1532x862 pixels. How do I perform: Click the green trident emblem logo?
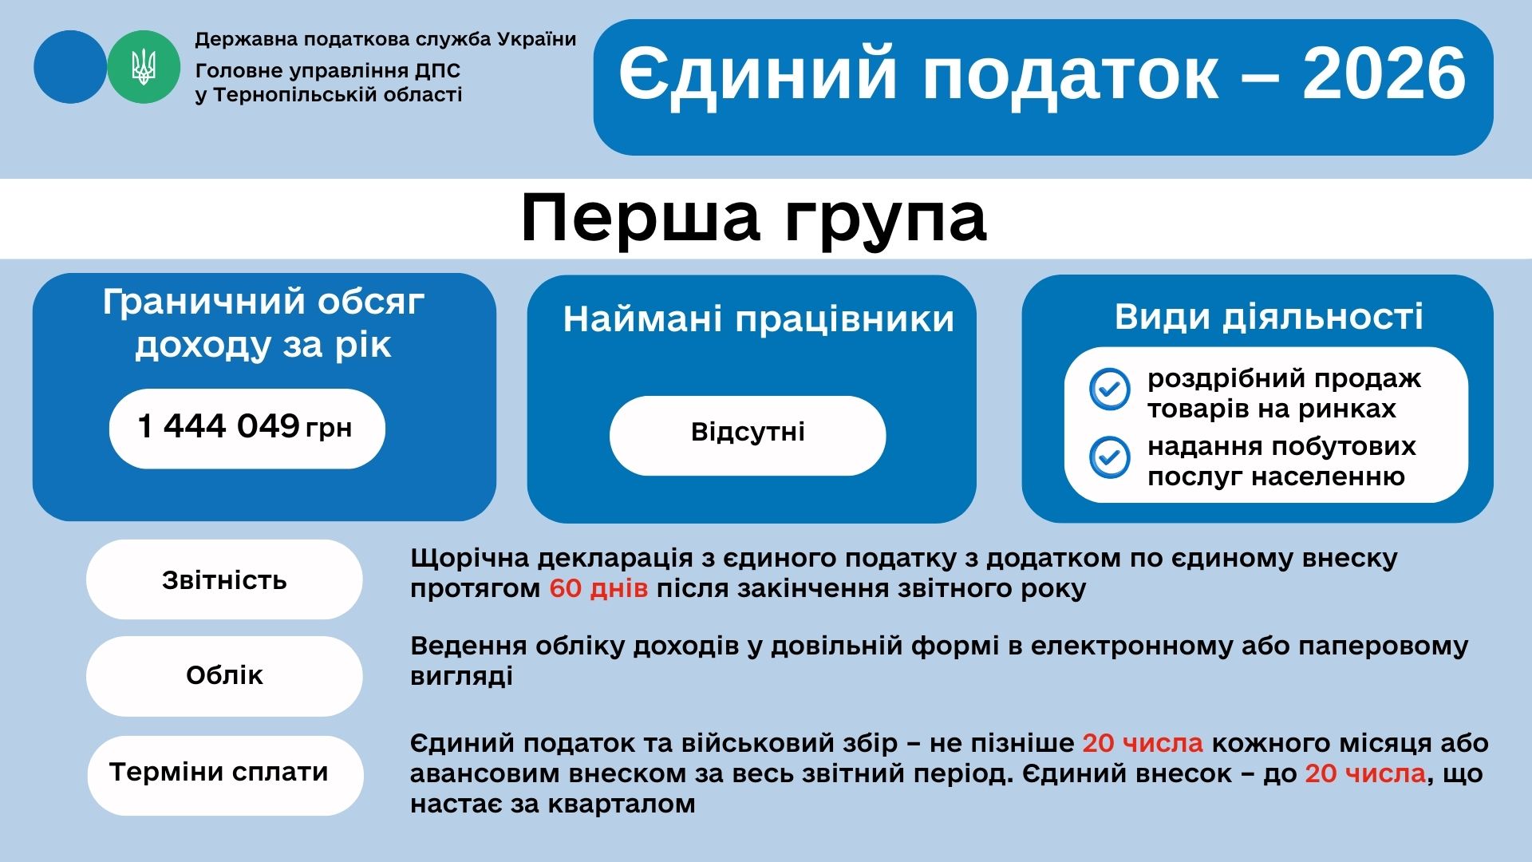(x=144, y=67)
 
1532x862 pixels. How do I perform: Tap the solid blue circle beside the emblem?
(x=70, y=67)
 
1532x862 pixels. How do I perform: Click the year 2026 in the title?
(x=1384, y=73)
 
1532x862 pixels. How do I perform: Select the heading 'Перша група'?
(x=754, y=218)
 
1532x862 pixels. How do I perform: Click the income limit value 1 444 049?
(x=219, y=426)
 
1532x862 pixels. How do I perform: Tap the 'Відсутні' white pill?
(x=748, y=436)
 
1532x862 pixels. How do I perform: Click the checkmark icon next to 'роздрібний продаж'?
(x=1110, y=389)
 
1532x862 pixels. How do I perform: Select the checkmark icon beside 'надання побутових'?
(x=1110, y=457)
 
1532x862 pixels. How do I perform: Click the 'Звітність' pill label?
(x=224, y=579)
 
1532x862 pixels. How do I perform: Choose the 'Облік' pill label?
(x=224, y=675)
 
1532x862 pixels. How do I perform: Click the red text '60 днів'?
(x=598, y=589)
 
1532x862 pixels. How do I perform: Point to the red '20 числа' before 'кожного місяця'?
(x=1143, y=743)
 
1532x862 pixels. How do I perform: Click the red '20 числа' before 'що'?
(x=1365, y=773)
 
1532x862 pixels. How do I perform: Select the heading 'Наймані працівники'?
(x=759, y=319)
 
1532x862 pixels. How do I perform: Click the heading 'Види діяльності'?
(x=1269, y=316)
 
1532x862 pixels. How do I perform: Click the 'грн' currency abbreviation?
(x=329, y=429)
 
